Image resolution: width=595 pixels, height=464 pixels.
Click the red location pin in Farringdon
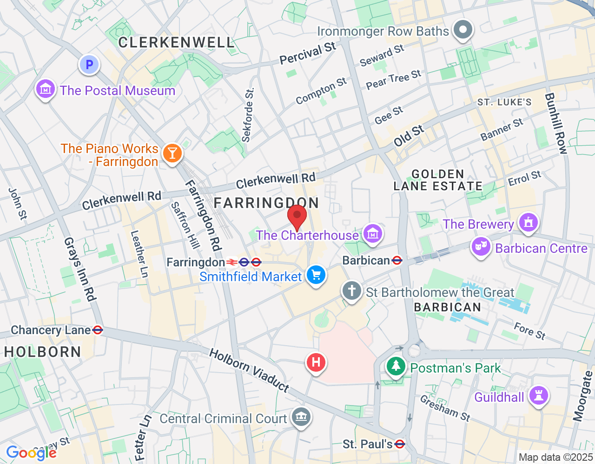(297, 216)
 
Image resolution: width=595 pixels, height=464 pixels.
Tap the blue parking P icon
(89, 64)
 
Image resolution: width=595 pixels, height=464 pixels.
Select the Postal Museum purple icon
(46, 88)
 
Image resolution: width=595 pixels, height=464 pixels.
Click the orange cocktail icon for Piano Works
(172, 153)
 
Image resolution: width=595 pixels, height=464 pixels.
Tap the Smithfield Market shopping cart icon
(316, 275)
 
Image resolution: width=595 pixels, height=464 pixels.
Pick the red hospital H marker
(316, 361)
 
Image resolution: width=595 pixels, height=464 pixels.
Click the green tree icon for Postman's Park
(396, 367)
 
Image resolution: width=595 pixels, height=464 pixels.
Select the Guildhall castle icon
(538, 396)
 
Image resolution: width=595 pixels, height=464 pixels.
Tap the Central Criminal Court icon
(301, 416)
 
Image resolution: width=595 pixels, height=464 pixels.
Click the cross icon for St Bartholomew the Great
(351, 291)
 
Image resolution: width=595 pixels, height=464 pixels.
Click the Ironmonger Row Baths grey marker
(463, 30)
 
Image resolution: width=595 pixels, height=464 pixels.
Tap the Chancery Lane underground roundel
(98, 330)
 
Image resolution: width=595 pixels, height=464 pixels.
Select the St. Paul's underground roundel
(399, 444)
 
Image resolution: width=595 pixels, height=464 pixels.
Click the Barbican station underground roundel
(397, 260)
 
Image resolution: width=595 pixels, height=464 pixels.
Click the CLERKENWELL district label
(176, 43)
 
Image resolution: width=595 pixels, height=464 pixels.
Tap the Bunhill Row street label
(556, 123)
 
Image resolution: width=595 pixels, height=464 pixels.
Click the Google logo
(31, 453)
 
